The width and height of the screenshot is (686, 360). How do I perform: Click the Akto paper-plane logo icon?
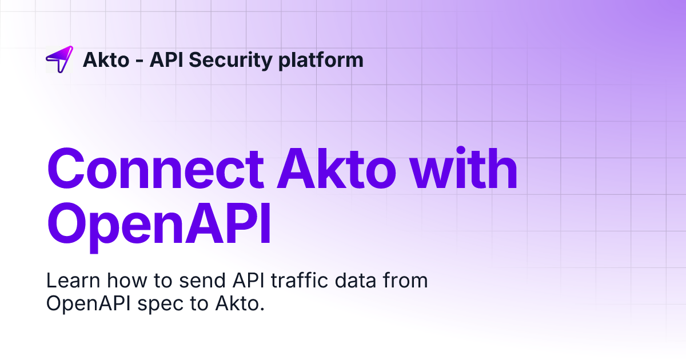(x=59, y=59)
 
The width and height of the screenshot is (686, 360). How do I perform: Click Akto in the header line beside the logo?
(x=106, y=59)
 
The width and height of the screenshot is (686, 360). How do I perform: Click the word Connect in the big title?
(x=155, y=169)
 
